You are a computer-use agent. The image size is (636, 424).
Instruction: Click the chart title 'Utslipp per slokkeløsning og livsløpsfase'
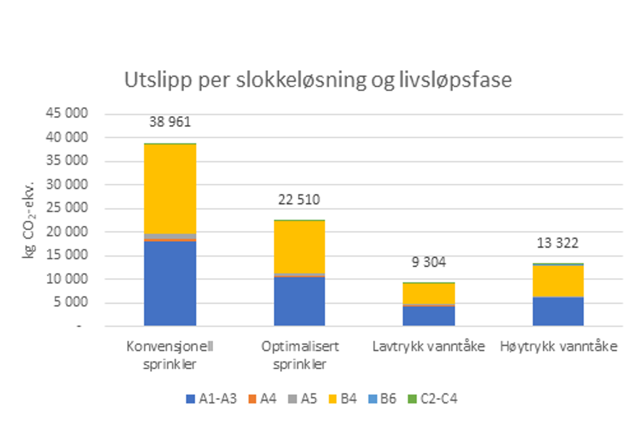tap(318, 80)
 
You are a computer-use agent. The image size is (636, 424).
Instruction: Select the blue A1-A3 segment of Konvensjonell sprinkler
tap(170, 284)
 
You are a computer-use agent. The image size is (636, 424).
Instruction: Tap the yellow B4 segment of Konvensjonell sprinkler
tap(170, 189)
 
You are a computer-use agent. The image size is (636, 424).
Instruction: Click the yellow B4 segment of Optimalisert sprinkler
tap(299, 246)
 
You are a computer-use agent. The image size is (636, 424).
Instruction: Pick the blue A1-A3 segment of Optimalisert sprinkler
tap(299, 301)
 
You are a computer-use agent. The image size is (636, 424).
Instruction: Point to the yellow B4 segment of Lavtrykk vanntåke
tap(429, 293)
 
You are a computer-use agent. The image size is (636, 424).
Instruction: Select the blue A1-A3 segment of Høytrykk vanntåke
tap(558, 312)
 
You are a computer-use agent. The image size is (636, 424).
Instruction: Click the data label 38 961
tap(170, 122)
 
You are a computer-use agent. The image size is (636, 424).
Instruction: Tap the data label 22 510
tap(299, 200)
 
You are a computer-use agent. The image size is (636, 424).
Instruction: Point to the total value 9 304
tap(429, 262)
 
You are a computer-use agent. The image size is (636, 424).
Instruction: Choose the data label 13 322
tap(558, 243)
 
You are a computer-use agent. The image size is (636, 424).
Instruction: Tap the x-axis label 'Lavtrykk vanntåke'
tap(429, 347)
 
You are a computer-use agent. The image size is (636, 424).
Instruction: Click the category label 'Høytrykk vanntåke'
tap(558, 347)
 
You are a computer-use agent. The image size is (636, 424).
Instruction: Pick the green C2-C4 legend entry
tap(432, 399)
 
